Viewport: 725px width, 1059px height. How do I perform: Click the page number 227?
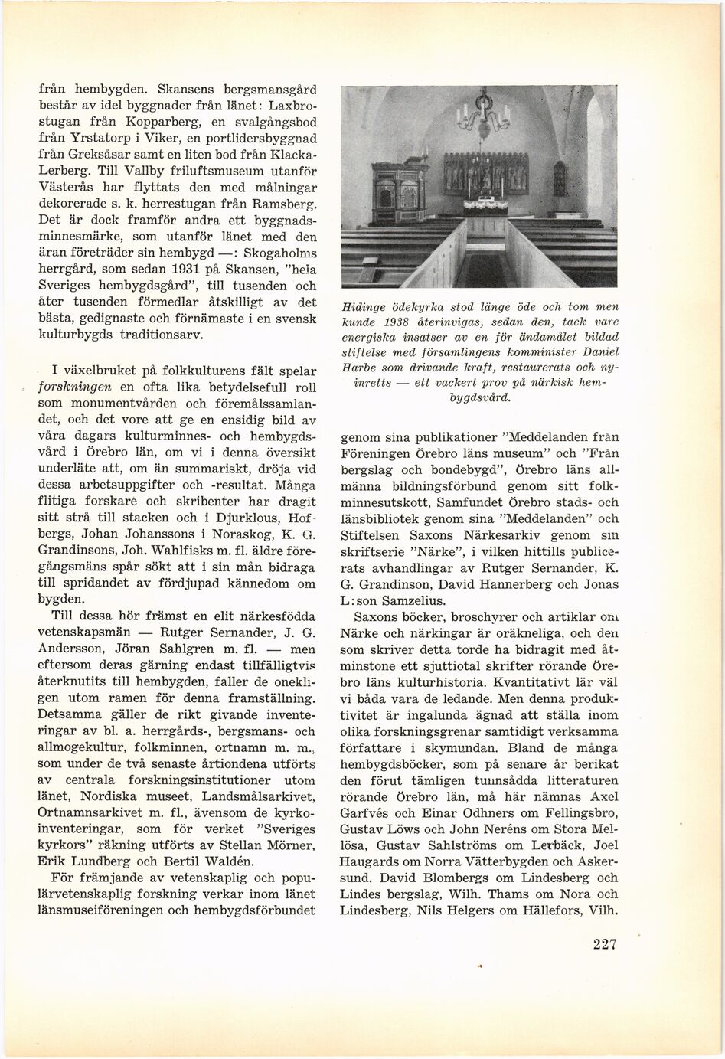[x=604, y=944]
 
